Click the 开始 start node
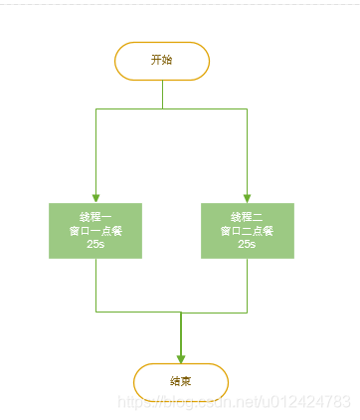[x=162, y=61]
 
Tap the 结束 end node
[x=181, y=381]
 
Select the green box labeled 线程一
[x=95, y=230]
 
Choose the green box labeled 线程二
[x=247, y=230]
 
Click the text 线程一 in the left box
[x=95, y=216]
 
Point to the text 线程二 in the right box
[x=247, y=216]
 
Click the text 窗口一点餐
[x=95, y=230]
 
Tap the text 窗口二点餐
[x=247, y=230]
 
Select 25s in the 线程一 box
[x=95, y=244]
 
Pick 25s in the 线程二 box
[x=247, y=244]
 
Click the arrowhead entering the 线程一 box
[x=95, y=197]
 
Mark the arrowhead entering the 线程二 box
[x=247, y=197]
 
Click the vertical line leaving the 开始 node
[x=162, y=94]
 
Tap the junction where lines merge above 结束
[x=181, y=312]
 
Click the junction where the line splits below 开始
[x=162, y=108]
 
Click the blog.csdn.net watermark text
[x=234, y=401]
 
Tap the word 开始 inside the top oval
[x=162, y=61]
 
